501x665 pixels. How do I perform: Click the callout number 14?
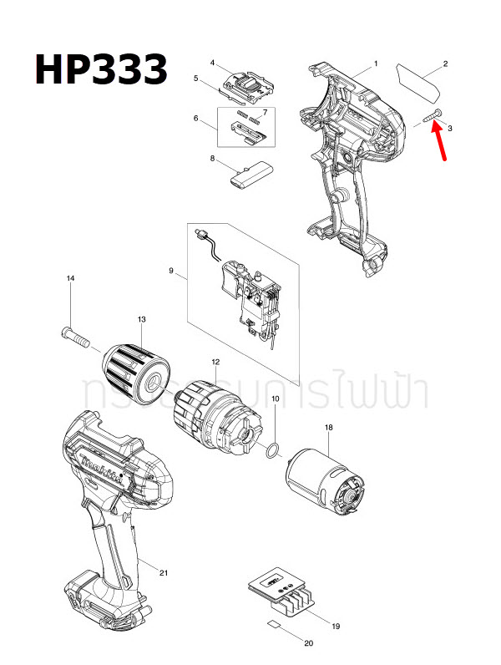71,278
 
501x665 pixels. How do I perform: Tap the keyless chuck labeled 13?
137,368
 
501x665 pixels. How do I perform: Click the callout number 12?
215,362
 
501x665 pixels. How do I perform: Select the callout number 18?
328,428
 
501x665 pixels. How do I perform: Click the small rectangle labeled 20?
273,626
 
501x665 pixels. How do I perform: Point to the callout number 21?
164,572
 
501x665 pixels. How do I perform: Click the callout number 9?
171,271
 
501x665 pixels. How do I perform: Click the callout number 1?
376,63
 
